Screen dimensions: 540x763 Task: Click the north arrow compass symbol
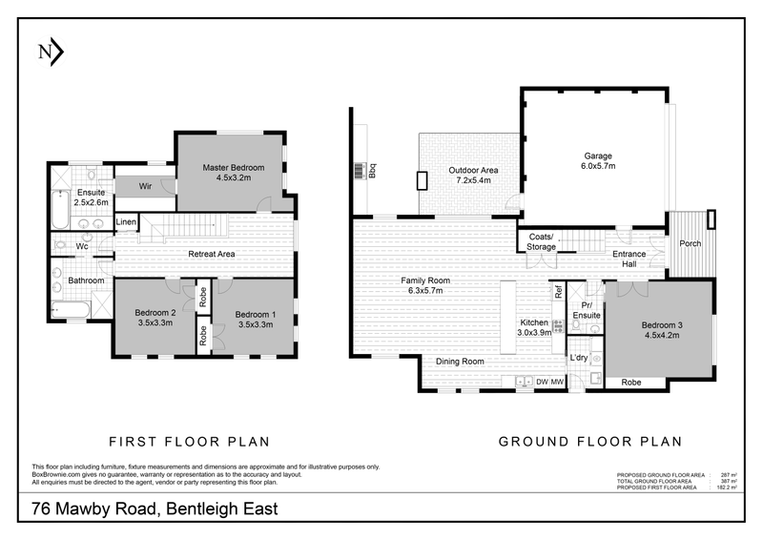coord(50,52)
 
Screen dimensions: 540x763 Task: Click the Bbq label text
coord(373,172)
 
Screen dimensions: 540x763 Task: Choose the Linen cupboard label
coord(126,222)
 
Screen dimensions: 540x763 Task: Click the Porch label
coord(690,243)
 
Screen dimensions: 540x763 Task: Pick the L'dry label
coord(578,358)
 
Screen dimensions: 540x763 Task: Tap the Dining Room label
coord(460,362)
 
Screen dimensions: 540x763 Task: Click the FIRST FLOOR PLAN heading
coord(189,442)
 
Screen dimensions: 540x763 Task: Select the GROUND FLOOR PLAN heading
coord(590,442)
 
